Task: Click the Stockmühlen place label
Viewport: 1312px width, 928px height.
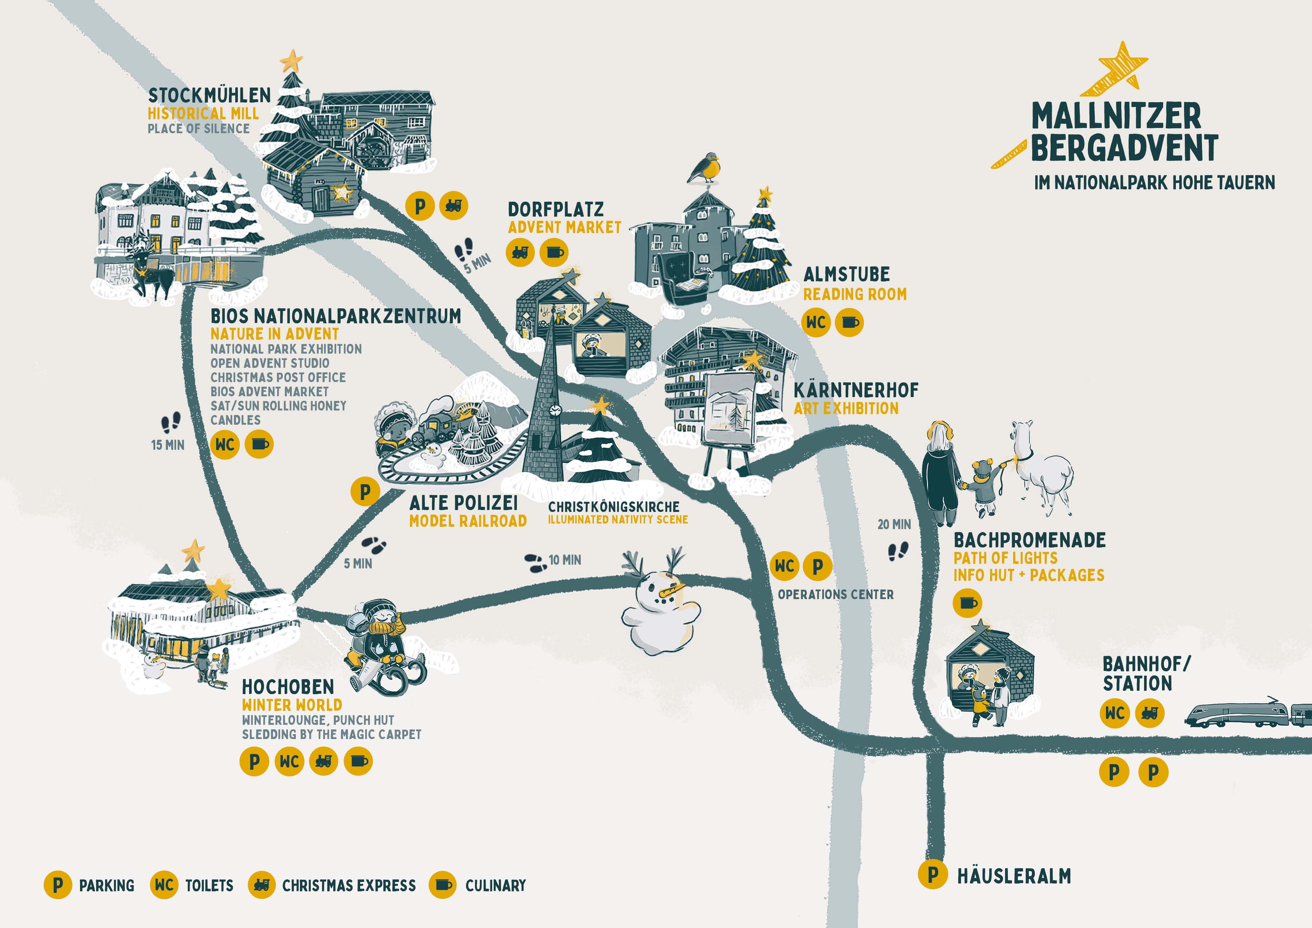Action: [209, 95]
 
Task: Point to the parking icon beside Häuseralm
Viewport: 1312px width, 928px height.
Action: [932, 874]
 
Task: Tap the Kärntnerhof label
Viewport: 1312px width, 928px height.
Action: [855, 391]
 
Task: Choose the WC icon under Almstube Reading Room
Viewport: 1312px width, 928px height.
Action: [815, 323]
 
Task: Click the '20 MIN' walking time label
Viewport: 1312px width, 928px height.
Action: [894, 524]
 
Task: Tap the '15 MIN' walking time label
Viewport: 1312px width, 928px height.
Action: [168, 445]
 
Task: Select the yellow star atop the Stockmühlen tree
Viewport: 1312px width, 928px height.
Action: [291, 59]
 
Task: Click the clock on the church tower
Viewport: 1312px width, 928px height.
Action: [554, 409]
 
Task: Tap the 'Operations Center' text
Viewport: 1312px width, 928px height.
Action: [836, 595]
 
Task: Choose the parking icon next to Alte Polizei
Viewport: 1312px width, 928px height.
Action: [365, 491]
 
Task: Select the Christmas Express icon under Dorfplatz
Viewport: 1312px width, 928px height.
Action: [519, 252]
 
